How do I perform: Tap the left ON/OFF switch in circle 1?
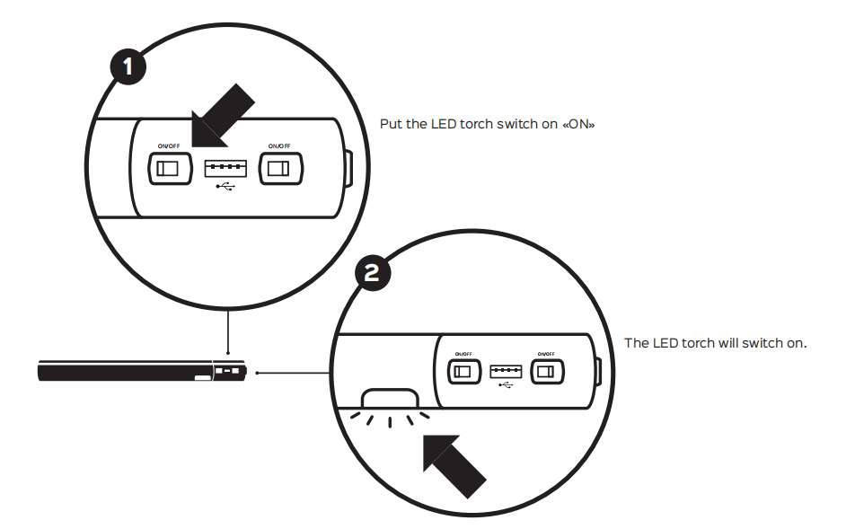click(170, 168)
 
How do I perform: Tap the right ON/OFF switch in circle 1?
click(281, 168)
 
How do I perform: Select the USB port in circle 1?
click(225, 167)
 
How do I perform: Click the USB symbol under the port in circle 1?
click(225, 187)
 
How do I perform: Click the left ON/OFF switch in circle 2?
click(463, 371)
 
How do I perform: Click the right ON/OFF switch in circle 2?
click(546, 371)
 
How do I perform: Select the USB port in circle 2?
click(505, 371)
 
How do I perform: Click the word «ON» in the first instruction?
click(578, 124)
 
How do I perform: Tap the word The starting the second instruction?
click(636, 344)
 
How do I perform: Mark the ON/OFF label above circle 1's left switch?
click(169, 145)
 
